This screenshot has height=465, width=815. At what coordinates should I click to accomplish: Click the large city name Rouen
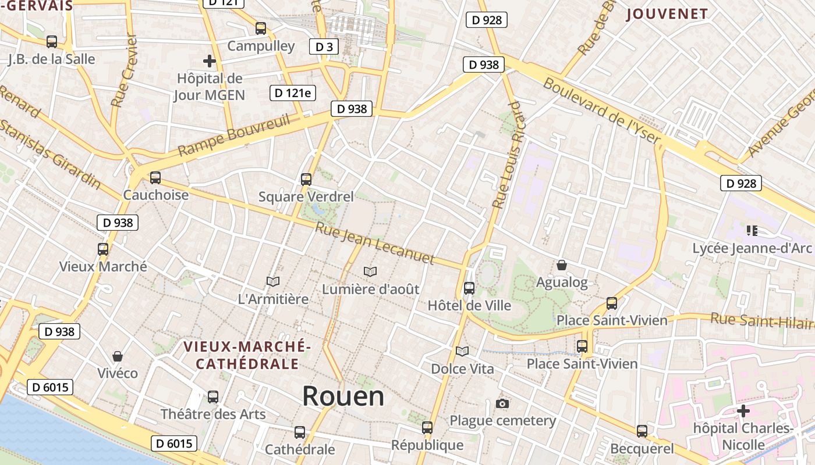[x=343, y=396]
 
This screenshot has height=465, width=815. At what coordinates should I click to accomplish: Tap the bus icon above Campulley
[x=261, y=28]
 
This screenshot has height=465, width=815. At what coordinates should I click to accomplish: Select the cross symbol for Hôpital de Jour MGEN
[x=209, y=60]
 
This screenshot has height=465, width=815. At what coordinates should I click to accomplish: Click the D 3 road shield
[x=324, y=46]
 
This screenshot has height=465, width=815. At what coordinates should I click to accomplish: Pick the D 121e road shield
[x=292, y=93]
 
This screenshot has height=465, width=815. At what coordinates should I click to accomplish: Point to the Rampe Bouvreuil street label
[x=234, y=135]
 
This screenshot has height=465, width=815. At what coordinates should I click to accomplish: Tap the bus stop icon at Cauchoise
[x=155, y=178]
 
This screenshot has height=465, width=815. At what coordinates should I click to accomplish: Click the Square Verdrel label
[x=306, y=196]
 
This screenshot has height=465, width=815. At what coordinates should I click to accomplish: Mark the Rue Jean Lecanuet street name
[x=375, y=243]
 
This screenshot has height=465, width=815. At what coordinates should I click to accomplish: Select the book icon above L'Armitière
[x=273, y=281]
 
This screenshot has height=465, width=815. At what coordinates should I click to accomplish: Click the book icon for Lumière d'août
[x=370, y=271]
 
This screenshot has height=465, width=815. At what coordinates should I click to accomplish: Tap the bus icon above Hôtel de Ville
[x=469, y=288]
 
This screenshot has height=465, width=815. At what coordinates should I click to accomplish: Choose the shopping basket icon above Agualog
[x=562, y=265]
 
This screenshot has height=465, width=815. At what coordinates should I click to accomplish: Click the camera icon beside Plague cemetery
[x=502, y=403]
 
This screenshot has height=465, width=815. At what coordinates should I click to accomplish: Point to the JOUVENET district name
[x=667, y=14]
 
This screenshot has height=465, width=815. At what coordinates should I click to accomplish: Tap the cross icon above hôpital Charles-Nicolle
[x=743, y=411]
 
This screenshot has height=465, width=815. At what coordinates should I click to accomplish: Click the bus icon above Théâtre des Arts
[x=213, y=397]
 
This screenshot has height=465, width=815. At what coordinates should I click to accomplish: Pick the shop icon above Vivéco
[x=118, y=356]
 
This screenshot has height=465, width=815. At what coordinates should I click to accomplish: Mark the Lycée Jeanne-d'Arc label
[x=752, y=248]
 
